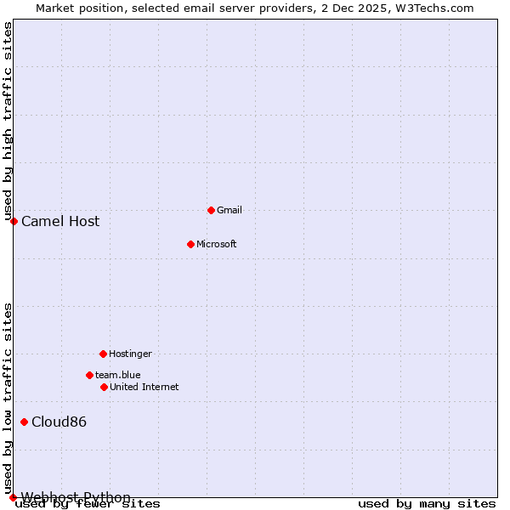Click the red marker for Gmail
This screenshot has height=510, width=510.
[x=212, y=210]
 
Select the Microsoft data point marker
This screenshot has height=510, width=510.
[x=191, y=244]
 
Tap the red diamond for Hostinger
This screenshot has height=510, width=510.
[x=103, y=354]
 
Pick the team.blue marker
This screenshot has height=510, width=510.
[x=89, y=375]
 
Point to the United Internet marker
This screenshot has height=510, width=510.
[x=104, y=387]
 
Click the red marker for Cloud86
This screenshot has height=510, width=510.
[x=25, y=422]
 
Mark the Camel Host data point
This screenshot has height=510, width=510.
[x=14, y=221]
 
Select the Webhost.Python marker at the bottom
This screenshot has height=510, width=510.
[x=13, y=497]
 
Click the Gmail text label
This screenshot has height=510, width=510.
[x=229, y=210]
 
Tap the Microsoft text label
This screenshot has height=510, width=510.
[x=216, y=244]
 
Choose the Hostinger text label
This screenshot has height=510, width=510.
[x=130, y=354]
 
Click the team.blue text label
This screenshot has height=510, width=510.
[x=117, y=375]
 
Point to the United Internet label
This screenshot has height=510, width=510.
[x=144, y=387]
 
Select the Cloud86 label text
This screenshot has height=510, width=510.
[x=59, y=422]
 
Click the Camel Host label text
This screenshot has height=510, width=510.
[x=60, y=221]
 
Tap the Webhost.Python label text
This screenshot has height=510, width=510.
[x=76, y=497]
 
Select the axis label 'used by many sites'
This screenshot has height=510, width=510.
[x=427, y=504]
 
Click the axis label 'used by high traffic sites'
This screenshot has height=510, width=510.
[x=8, y=121]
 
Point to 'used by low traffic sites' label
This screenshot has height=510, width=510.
[x=8, y=398]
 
